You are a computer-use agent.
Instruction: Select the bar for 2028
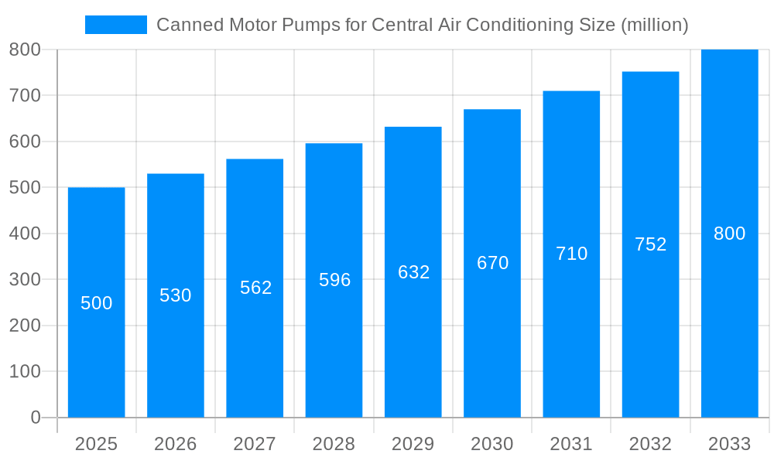[x=334, y=348]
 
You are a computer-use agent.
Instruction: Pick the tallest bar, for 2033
[x=729, y=325]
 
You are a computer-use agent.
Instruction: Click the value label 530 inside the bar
[x=176, y=295]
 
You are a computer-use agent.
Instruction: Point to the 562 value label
[x=255, y=288]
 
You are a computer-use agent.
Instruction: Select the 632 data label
[x=413, y=272]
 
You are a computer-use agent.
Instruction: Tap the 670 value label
[x=492, y=263]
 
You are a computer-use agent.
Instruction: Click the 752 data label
[x=650, y=244]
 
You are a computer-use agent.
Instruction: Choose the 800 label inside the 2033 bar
[x=729, y=234]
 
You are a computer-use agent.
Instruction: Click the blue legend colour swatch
[x=115, y=25]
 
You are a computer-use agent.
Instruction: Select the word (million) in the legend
[x=654, y=25]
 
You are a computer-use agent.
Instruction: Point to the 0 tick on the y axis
[x=36, y=418]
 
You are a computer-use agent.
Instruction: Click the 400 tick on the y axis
[x=25, y=234]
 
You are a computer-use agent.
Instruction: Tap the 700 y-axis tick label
[x=25, y=95]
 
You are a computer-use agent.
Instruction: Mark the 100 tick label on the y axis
[x=25, y=371]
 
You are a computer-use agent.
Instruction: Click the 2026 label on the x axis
[x=176, y=444]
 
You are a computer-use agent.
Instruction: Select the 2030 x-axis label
[x=492, y=444]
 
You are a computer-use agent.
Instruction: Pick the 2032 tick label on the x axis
[x=650, y=444]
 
